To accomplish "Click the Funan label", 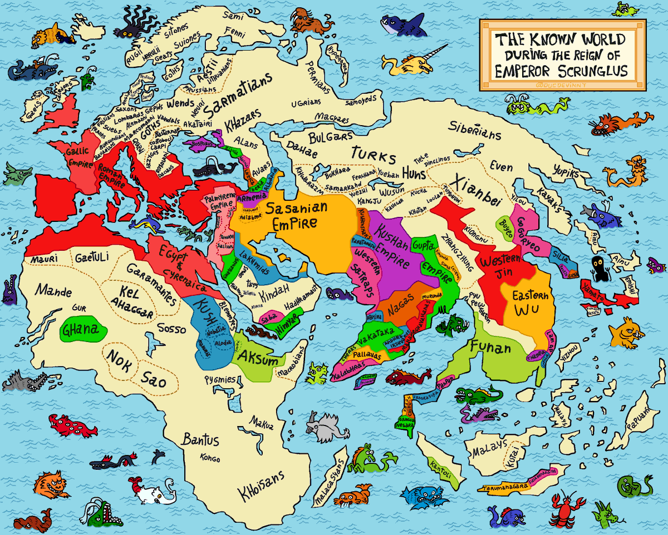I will click(490, 349).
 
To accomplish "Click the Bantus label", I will click(200, 440).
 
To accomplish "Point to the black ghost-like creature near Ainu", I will click(600, 268).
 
